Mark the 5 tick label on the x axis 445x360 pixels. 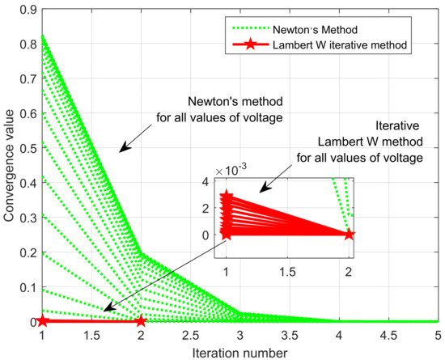coord(436,332)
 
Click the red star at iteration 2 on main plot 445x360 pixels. coord(141,321)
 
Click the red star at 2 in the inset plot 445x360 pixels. coord(349,235)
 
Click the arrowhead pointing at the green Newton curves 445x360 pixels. coord(121,149)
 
